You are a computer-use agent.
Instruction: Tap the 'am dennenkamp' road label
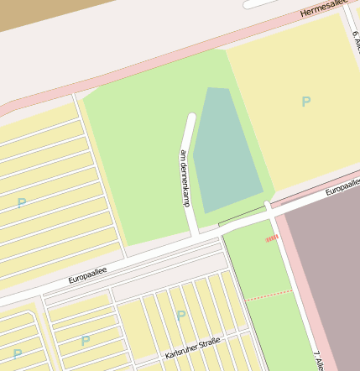point(185,178)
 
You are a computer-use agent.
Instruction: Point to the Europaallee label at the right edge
point(342,189)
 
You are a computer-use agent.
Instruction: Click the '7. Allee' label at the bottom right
point(318,359)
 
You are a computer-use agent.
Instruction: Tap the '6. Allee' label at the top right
point(355,40)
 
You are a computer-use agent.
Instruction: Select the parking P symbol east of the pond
point(305,102)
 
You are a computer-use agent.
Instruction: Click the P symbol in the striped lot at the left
point(21,202)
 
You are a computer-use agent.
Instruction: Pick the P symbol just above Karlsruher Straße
point(180,315)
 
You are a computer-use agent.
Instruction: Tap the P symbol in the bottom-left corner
point(17,353)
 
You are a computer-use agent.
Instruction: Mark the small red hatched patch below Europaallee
point(271,238)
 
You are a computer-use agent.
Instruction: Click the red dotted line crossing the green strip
point(269,295)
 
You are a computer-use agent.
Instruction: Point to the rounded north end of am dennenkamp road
point(191,118)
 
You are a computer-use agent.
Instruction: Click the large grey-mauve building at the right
point(323,269)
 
